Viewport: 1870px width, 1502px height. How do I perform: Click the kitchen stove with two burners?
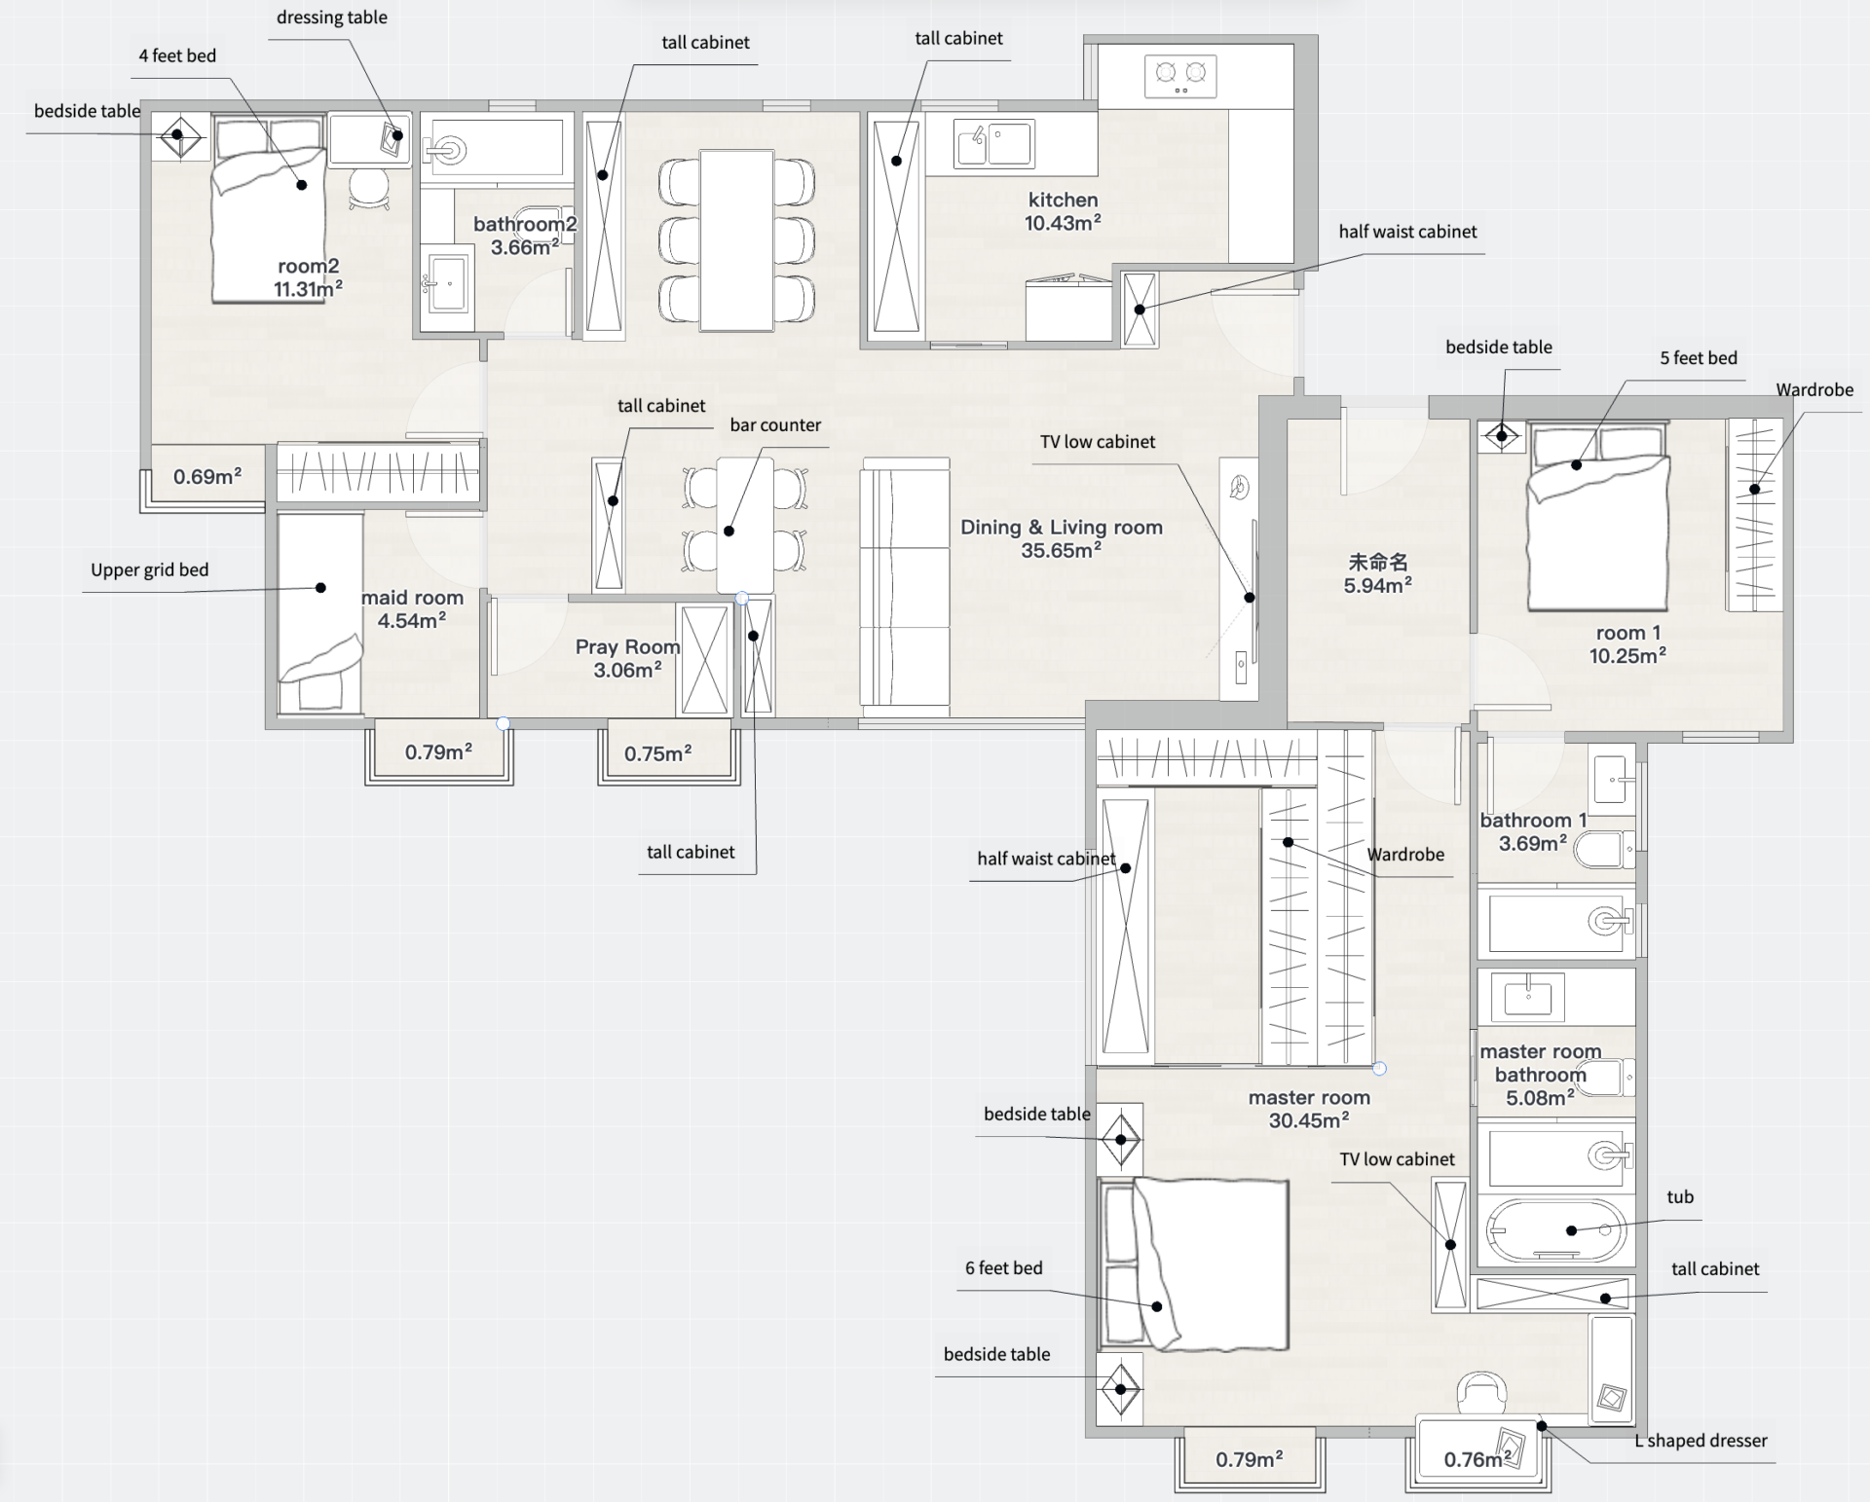pyautogui.click(x=1180, y=75)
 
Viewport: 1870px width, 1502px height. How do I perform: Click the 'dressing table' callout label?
pyautogui.click(x=332, y=18)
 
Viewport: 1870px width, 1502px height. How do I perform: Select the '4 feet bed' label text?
pyautogui.click(x=177, y=55)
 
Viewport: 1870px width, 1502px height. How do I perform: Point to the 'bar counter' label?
pyautogui.click(x=775, y=425)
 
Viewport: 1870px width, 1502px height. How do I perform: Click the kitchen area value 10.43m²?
pyautogui.click(x=1063, y=223)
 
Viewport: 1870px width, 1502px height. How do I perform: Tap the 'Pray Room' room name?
pyautogui.click(x=627, y=647)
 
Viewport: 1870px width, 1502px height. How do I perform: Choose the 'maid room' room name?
pyautogui.click(x=412, y=598)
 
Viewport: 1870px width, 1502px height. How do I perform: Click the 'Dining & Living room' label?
pyautogui.click(x=1062, y=528)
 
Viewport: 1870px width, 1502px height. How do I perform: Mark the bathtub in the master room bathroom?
pyautogui.click(x=1555, y=1230)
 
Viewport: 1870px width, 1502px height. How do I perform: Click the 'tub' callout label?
pyautogui.click(x=1680, y=1197)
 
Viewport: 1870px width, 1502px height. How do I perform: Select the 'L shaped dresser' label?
pyautogui.click(x=1701, y=1441)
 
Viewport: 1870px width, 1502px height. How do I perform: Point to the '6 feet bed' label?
pyautogui.click(x=1004, y=1268)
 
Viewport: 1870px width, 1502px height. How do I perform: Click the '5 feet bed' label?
pyautogui.click(x=1699, y=358)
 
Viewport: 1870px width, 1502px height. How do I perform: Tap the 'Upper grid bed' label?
pyautogui.click(x=150, y=570)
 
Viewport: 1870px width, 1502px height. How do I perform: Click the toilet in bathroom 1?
pyautogui.click(x=1603, y=849)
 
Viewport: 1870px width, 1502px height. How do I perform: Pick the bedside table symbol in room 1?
pyautogui.click(x=1501, y=435)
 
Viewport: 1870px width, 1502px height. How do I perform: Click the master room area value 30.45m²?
pyautogui.click(x=1309, y=1120)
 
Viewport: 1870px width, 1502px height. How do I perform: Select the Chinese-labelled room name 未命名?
pyautogui.click(x=1377, y=562)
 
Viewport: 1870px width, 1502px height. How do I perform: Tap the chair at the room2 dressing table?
pyautogui.click(x=369, y=188)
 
